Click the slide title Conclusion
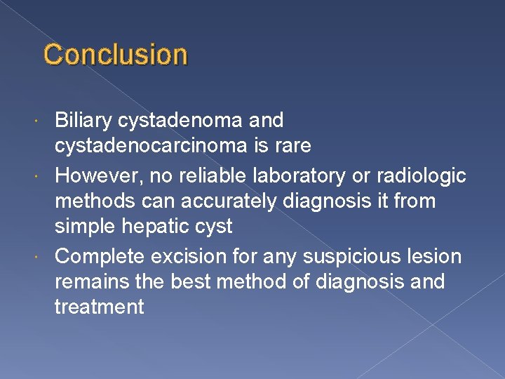116,55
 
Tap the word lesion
436,256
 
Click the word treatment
99,307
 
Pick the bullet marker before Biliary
46,121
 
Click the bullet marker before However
46,175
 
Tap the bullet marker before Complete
46,257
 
